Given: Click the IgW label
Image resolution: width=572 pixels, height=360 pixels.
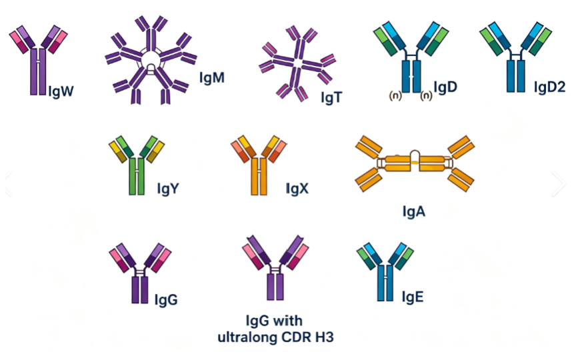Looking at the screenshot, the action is click(61, 91).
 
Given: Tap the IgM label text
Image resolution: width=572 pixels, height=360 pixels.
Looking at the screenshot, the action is click(211, 78).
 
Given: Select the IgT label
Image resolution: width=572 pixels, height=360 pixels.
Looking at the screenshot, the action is click(331, 97).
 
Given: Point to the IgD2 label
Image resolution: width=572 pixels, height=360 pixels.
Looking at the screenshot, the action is click(549, 87).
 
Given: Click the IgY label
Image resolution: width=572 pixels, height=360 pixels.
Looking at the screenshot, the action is click(168, 189).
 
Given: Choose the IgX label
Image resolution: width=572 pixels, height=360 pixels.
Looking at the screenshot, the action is click(297, 189).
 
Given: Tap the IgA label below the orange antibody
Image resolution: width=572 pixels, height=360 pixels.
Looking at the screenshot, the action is click(414, 211).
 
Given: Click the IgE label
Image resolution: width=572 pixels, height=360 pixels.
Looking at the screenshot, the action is click(413, 297).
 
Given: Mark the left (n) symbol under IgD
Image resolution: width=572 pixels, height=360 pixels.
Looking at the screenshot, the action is click(395, 95).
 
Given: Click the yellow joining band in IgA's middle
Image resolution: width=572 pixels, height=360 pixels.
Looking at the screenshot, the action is click(415, 163).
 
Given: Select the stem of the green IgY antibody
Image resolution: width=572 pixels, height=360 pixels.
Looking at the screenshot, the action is click(137, 176).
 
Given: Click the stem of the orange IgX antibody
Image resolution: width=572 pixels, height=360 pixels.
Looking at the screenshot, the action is click(259, 176).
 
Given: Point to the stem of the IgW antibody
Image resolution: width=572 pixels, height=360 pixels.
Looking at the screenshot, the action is click(38, 72).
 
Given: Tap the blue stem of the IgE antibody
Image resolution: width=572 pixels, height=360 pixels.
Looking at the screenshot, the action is click(385, 283).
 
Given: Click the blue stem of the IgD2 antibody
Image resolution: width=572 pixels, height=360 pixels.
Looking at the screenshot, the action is click(516, 76).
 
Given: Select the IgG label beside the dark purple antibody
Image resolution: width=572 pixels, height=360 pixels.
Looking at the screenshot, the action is click(166, 300).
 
